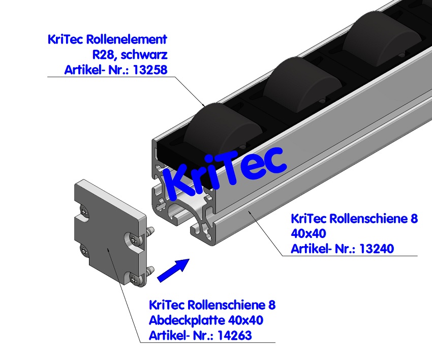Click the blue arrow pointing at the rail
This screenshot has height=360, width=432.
click(173, 269)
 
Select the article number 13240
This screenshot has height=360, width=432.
click(376, 248)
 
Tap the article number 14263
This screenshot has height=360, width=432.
click(234, 335)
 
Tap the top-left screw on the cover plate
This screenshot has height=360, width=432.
click(85, 209)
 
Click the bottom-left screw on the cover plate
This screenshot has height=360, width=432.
click(85, 250)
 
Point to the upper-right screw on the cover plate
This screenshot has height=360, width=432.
click(133, 237)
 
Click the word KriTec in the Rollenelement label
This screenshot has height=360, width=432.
click(66, 39)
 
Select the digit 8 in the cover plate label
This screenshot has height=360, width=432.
click(272, 305)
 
